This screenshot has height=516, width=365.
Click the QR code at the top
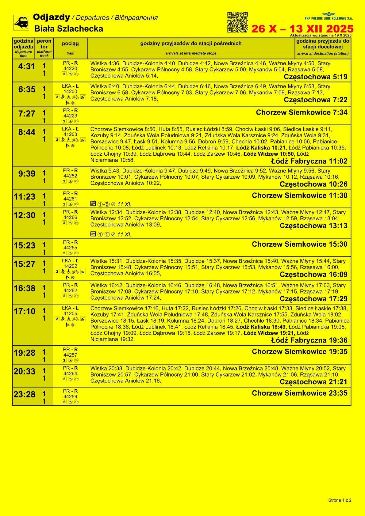(237, 22)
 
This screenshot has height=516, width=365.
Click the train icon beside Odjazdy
(21, 23)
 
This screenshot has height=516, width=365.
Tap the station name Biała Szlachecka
(68, 29)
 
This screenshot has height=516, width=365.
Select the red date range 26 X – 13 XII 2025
(302, 29)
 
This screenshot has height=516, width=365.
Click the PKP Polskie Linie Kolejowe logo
(328, 17)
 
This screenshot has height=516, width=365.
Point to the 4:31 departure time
(27, 66)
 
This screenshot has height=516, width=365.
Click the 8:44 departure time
(27, 132)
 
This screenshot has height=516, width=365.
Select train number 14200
(70, 92)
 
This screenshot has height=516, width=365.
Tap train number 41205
(70, 313)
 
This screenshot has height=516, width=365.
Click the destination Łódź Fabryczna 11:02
(309, 161)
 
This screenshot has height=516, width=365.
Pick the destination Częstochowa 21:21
(313, 382)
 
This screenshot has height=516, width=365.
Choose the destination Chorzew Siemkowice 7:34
(302, 112)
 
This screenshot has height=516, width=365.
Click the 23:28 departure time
(25, 394)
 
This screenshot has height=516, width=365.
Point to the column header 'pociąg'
(70, 44)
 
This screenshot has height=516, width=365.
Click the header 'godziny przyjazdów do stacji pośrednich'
(191, 44)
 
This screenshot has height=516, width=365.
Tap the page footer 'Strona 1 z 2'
(340, 500)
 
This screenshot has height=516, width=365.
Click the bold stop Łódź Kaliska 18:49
(261, 327)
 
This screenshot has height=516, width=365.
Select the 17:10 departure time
(25, 311)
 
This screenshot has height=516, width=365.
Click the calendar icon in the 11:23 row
(93, 203)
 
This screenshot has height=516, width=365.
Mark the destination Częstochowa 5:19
(316, 77)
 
